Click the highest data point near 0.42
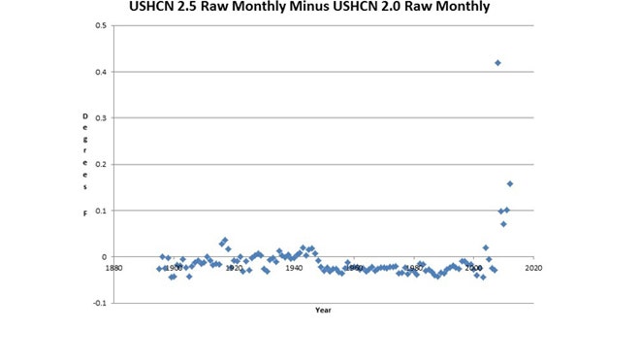tap(497, 63)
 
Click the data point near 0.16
tap(510, 183)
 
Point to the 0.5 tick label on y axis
tap(101, 25)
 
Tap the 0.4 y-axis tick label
tap(101, 72)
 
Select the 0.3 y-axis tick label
tap(101, 118)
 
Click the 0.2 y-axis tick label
tap(101, 165)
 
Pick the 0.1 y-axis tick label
tap(101, 211)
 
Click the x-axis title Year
tap(323, 310)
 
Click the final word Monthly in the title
tap(461, 9)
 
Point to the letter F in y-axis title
tap(84, 212)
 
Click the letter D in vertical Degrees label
tap(84, 116)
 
